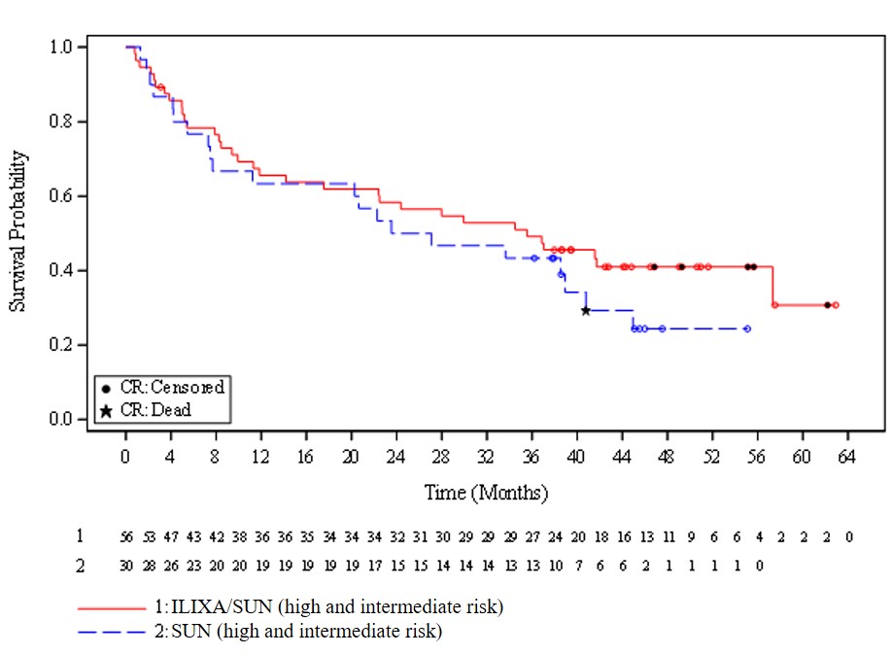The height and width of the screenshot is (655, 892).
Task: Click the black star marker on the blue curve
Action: [x=585, y=310]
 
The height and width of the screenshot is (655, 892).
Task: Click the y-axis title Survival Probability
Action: [x=17, y=231]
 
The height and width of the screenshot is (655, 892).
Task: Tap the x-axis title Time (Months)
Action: [x=486, y=493]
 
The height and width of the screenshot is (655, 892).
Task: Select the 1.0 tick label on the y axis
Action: [x=61, y=47]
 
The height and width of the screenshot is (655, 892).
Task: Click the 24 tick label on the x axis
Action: [x=396, y=456]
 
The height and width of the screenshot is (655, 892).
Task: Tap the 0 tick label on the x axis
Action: [x=125, y=456]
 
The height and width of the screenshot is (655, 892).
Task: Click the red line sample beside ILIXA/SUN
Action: [x=111, y=607]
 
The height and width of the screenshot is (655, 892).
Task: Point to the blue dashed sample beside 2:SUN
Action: [x=111, y=632]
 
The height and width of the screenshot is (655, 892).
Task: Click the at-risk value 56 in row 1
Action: [x=126, y=536]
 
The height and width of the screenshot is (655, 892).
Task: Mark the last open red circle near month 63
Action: [x=835, y=305]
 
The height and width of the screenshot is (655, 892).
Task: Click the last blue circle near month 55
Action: [x=747, y=328]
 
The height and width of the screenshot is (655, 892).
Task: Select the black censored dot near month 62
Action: [x=827, y=305]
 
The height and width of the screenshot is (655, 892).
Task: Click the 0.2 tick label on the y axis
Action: [x=61, y=345]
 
